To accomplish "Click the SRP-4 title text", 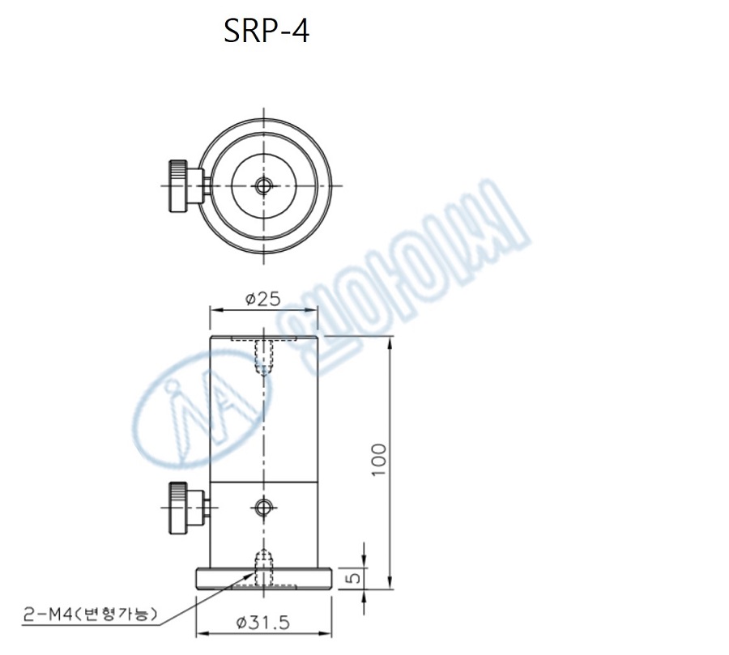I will pos(266,32).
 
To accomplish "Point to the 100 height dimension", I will pos(381,460).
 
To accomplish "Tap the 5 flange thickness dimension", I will pos(350,578).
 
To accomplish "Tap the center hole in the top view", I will pos(262,185).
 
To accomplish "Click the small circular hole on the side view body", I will pos(262,508).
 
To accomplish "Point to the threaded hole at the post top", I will pos(262,356).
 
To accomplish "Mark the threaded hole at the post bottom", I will pos(262,561).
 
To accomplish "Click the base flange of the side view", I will pos(264,579).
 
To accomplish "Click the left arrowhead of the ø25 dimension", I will pos(215,308).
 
